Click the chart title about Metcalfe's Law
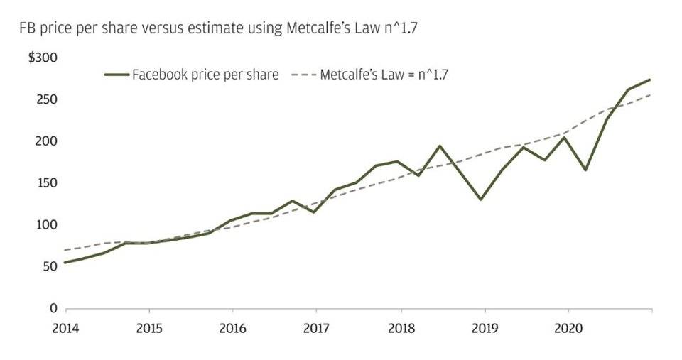click(218, 28)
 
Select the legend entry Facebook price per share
click(192, 75)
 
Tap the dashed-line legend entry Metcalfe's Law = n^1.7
click(369, 75)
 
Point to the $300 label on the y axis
click(43, 58)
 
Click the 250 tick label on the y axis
click(46, 99)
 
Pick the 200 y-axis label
click(46, 141)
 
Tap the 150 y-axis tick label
click(46, 183)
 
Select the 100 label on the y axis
click(46, 225)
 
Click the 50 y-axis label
click(50, 266)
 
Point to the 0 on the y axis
click(53, 308)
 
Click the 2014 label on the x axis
click(65, 328)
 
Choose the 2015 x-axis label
click(149, 328)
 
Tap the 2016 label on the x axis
click(233, 328)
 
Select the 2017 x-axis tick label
click(316, 328)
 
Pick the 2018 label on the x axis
click(401, 328)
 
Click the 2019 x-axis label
click(485, 328)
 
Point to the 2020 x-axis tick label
click(568, 328)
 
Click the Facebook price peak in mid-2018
click(440, 146)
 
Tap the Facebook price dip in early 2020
click(585, 170)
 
